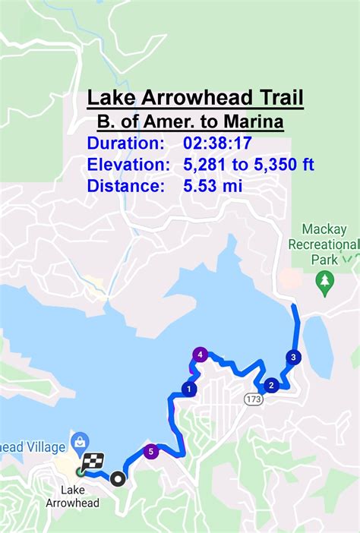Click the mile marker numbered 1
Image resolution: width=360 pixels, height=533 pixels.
[188, 389]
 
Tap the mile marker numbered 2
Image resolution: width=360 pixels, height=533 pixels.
[270, 384]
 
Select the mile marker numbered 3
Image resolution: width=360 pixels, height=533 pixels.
[293, 357]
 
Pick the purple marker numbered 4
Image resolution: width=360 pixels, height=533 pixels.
[201, 354]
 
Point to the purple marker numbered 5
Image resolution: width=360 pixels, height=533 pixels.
[151, 451]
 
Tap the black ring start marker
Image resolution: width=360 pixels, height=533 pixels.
[117, 478]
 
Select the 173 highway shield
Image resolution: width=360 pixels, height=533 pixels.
[253, 399]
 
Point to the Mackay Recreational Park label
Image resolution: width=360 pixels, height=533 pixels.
[323, 244]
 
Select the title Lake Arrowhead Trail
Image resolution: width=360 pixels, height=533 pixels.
[195, 98]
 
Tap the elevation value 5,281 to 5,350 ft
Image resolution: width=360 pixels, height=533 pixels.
[248, 164]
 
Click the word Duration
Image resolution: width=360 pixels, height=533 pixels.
[125, 143]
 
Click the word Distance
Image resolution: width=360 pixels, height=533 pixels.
[125, 185]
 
